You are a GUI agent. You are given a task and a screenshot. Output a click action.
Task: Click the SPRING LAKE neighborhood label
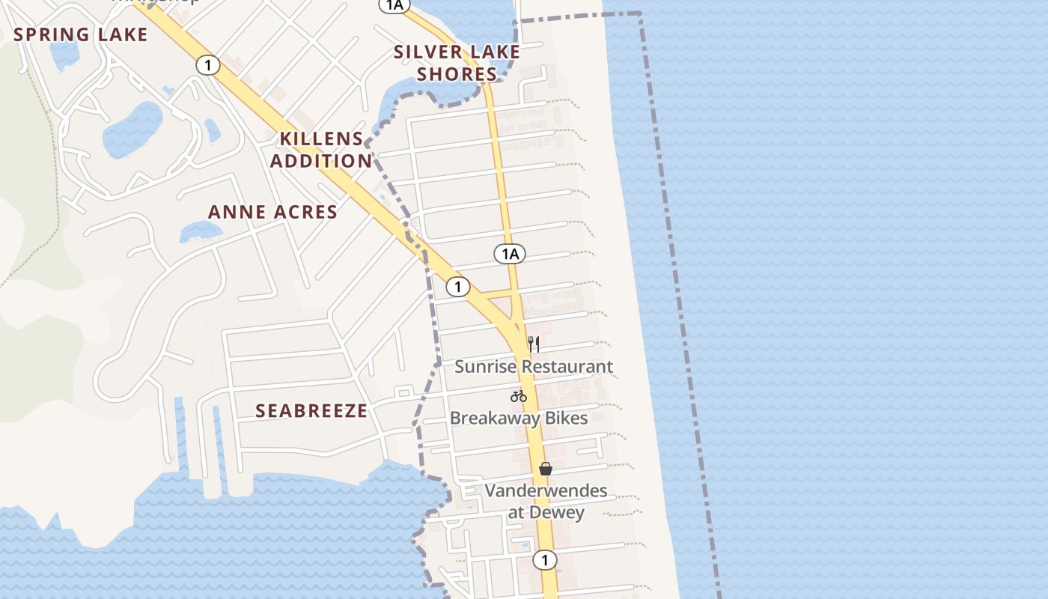tap(81, 34)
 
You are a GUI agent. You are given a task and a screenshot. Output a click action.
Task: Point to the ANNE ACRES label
tap(272, 212)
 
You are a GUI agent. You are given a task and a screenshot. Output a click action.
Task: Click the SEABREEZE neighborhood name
tap(311, 410)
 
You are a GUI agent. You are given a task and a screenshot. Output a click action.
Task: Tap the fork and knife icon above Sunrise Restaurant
tap(534, 344)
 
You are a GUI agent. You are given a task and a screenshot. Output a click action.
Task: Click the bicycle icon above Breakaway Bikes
tap(519, 396)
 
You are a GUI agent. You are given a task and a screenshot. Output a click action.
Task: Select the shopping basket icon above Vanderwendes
tap(546, 469)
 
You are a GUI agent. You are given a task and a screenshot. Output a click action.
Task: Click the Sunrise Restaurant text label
tap(534, 367)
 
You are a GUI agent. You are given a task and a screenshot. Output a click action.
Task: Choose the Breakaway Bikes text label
tap(519, 418)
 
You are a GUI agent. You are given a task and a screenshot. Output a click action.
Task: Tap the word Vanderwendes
tap(546, 491)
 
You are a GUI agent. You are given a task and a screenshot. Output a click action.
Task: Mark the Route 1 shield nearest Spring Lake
tap(207, 65)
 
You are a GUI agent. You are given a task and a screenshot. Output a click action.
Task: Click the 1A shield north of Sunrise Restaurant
tap(510, 254)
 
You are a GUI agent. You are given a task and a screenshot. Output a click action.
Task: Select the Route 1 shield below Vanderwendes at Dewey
tap(545, 559)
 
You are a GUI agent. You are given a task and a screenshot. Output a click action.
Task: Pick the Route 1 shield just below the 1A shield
tap(457, 286)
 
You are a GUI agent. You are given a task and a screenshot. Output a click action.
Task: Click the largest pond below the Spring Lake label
tap(132, 129)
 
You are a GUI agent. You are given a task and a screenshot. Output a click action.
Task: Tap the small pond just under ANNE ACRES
tap(199, 233)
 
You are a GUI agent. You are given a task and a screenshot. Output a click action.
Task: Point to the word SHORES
tap(457, 74)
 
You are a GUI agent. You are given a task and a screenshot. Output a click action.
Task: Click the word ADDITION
tap(321, 161)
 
